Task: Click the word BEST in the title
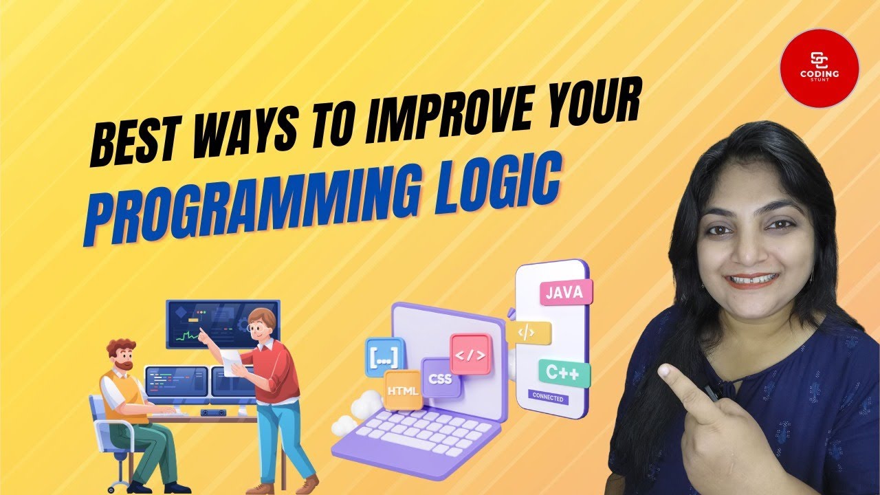tap(132, 141)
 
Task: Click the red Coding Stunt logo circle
tap(819, 68)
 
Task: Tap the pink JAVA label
tap(565, 291)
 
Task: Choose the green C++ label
tap(563, 374)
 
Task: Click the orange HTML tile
tap(403, 390)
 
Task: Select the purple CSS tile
tap(440, 377)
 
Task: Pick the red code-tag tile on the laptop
tap(471, 354)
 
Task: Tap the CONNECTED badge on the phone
tap(548, 398)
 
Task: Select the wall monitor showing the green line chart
tap(221, 323)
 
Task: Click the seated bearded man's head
tap(122, 355)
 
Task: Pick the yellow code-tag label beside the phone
tap(528, 333)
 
